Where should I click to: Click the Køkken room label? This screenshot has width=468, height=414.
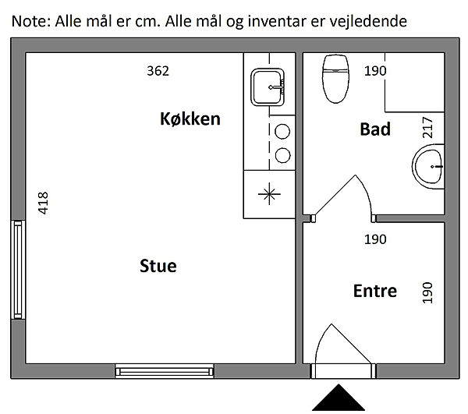point(190,119)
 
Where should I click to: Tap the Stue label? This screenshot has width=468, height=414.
point(158,266)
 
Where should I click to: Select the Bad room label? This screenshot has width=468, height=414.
point(374,129)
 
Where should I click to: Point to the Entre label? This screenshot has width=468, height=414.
point(374,292)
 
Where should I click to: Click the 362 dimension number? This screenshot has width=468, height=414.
point(158,72)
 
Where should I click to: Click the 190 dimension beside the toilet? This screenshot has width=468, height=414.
point(375,72)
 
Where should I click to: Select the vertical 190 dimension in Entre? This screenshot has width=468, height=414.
point(427,292)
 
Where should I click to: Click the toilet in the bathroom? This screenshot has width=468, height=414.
point(335,78)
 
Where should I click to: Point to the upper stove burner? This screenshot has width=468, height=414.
point(282,132)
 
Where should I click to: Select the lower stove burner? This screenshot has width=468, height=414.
point(282,154)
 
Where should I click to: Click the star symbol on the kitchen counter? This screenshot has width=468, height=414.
point(269,194)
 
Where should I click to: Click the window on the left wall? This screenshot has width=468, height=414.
point(16,269)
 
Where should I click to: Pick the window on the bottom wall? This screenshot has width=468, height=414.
point(154,371)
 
